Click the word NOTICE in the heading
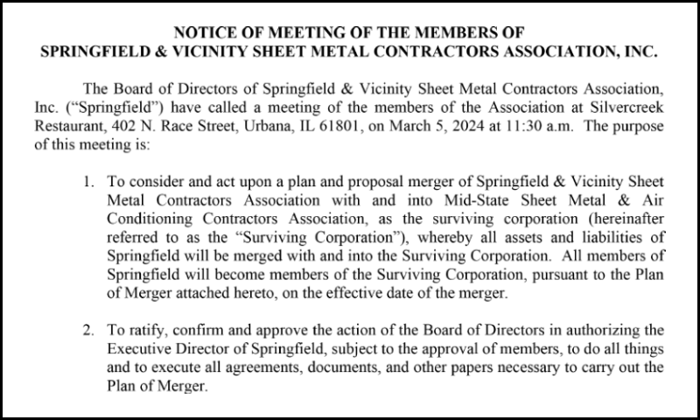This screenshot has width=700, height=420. click(x=203, y=33)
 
